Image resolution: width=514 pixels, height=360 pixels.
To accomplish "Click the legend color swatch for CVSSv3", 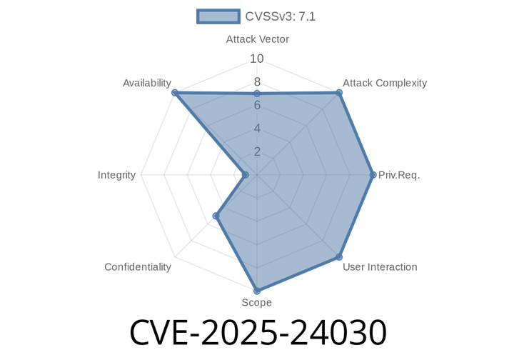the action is [218, 16].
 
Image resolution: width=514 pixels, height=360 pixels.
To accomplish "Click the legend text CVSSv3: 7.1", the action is [281, 16].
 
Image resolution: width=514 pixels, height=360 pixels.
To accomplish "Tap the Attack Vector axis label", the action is [257, 39].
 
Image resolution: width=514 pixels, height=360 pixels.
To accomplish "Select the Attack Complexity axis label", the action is [385, 83].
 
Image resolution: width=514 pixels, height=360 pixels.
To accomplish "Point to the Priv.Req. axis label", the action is [399, 175].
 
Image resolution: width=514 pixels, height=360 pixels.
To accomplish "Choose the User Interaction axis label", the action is [380, 267].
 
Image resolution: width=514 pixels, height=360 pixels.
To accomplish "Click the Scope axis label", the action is [257, 302].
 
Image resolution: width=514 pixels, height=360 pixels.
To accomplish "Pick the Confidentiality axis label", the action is [138, 267].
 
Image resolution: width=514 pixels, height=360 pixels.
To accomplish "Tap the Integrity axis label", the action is [116, 175].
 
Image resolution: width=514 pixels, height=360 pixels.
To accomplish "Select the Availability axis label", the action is [147, 83].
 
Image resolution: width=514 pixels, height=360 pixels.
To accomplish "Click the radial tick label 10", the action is [257, 59].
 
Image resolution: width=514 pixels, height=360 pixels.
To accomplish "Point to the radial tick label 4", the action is [257, 129].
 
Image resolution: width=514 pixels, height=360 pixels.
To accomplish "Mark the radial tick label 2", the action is [257, 152].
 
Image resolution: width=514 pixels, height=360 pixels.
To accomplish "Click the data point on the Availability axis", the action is [175, 93].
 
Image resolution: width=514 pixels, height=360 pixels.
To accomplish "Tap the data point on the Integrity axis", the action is [245, 176].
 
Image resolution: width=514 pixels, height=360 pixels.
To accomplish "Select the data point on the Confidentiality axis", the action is [216, 216].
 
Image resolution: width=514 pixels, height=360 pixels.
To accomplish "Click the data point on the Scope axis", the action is [257, 291].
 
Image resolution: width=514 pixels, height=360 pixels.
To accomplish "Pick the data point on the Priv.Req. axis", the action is [373, 175].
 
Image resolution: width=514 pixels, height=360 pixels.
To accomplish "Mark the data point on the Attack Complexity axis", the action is [339, 93].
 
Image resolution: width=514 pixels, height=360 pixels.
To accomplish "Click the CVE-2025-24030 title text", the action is [258, 332].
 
